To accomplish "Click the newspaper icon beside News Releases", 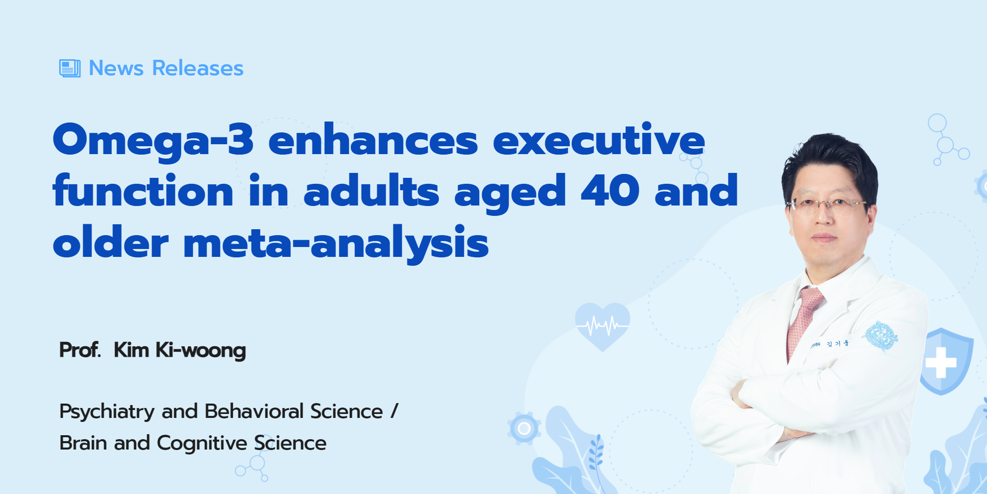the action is pyautogui.click(x=70, y=68).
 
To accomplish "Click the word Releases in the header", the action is pyautogui.click(x=198, y=68).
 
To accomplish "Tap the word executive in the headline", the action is pyautogui.click(x=599, y=139).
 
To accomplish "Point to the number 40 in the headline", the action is pyautogui.click(x=610, y=190).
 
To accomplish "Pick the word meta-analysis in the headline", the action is pyautogui.click(x=336, y=243).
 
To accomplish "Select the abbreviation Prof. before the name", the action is pyautogui.click(x=80, y=350).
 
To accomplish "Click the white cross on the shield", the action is pyautogui.click(x=941, y=363).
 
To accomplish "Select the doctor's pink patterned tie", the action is pyautogui.click(x=803, y=321).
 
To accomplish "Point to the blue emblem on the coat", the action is pyautogui.click(x=880, y=336).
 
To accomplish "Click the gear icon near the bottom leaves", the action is pyautogui.click(x=524, y=428).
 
